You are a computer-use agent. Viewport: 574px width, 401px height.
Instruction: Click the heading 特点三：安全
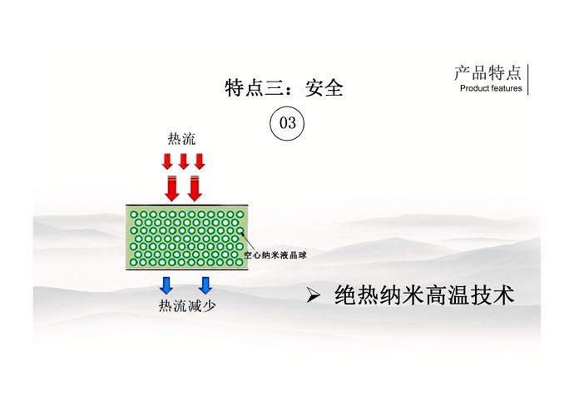coord(284,88)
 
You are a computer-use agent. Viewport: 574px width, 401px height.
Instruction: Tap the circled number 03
coord(287,123)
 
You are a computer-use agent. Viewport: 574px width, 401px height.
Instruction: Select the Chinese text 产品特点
coord(487,73)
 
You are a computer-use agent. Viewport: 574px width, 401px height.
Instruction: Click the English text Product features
coord(491,88)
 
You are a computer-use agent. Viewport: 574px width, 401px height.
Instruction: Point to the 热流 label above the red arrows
coord(182,139)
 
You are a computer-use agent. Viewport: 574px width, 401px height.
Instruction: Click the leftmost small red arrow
coord(167,161)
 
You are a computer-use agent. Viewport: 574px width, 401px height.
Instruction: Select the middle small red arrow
coord(183,161)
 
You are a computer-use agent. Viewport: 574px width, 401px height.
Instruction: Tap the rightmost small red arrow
coord(200,161)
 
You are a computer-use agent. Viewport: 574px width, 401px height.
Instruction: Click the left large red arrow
coord(171,189)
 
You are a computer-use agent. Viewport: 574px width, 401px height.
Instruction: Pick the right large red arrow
coord(195,189)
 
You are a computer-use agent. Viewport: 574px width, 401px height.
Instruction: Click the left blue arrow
coord(166,285)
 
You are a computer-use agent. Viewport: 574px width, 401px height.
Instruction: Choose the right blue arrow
coord(205,285)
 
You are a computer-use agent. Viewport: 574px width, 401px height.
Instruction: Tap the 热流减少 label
coord(187,306)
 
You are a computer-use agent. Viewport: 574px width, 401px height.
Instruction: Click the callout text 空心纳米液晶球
coord(275,255)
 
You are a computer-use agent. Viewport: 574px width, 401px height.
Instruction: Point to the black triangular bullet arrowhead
coord(314,295)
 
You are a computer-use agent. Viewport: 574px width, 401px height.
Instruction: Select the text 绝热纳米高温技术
coord(424,295)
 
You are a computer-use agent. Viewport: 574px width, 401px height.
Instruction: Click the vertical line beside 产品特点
coord(528,80)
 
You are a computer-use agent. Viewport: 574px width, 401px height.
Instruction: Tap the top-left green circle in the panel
coord(134,215)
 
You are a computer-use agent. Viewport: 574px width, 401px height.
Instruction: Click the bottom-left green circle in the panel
coord(133,262)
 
